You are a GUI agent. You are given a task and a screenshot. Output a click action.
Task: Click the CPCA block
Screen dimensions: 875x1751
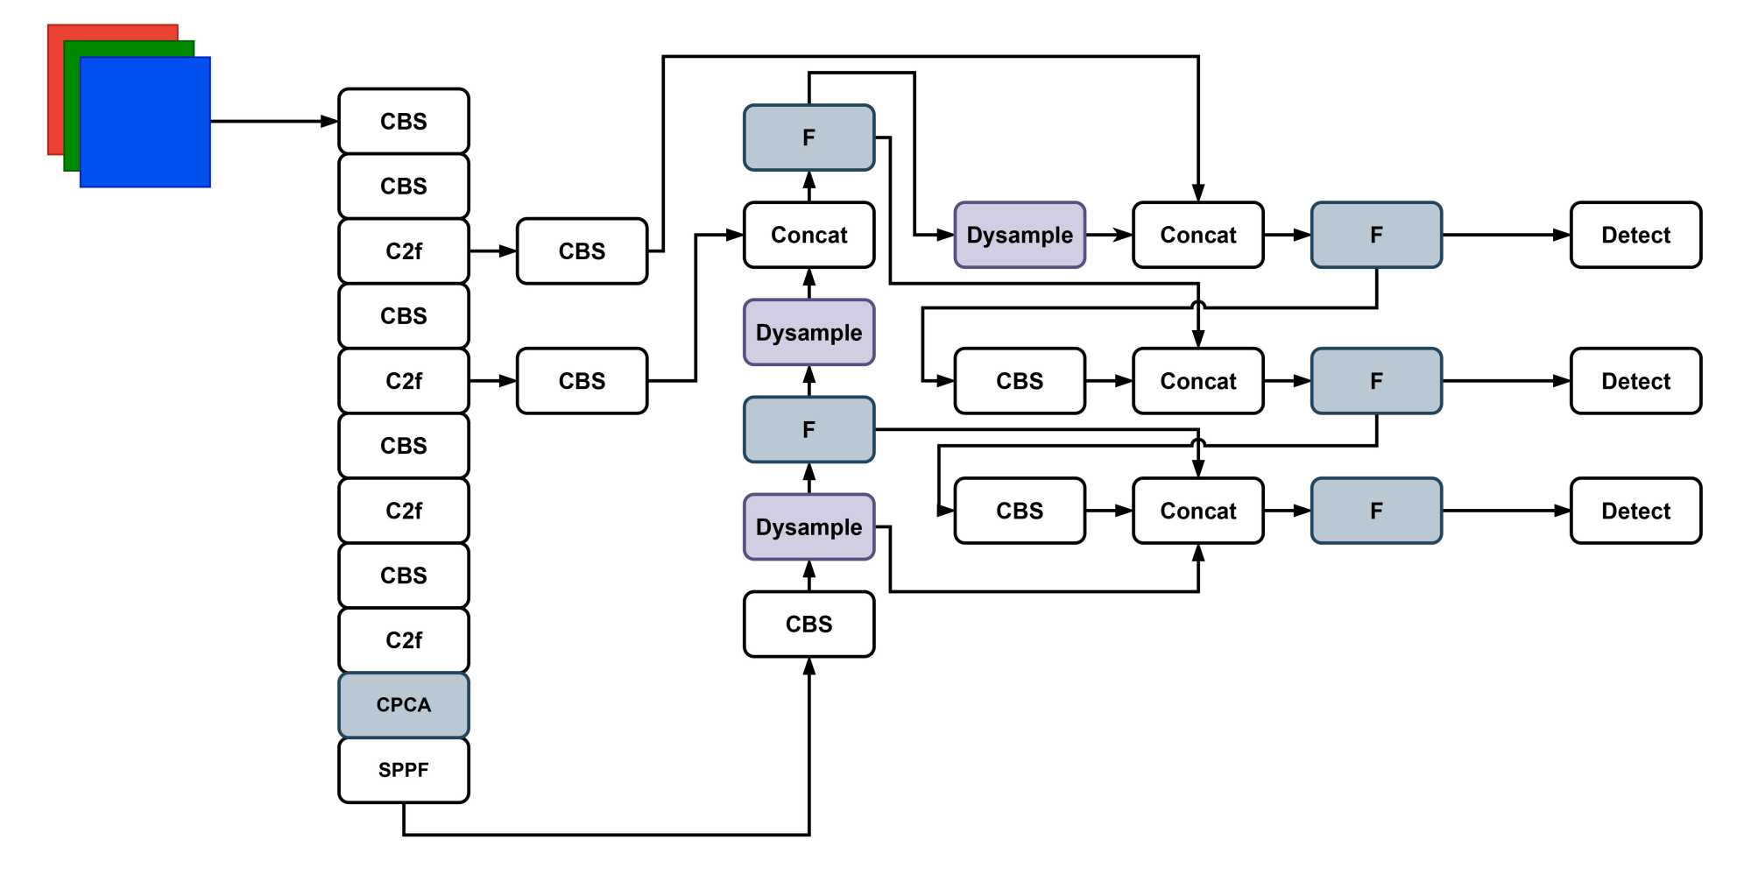(404, 705)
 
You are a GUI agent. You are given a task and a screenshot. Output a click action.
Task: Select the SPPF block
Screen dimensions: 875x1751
(404, 770)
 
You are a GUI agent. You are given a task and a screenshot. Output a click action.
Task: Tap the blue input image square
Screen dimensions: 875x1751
(145, 123)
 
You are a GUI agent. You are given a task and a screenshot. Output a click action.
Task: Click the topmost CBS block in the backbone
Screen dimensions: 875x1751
(404, 121)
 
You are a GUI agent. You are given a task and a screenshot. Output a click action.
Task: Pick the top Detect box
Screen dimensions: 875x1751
(1635, 235)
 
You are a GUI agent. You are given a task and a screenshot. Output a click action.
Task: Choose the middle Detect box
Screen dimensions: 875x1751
(1635, 381)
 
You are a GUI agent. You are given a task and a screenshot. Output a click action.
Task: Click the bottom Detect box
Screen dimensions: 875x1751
(1635, 511)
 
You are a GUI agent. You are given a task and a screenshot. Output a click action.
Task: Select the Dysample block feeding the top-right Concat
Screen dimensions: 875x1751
(1020, 235)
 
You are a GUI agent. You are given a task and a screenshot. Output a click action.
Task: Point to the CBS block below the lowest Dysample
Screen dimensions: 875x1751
(808, 624)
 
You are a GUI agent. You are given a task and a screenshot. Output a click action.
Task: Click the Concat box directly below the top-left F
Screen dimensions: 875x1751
(808, 235)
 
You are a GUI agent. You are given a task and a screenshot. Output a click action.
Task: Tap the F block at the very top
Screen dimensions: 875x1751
(808, 138)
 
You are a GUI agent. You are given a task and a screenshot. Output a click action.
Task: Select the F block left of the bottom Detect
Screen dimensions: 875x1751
(1376, 511)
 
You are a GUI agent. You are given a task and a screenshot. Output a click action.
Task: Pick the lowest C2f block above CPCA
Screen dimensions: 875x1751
(404, 640)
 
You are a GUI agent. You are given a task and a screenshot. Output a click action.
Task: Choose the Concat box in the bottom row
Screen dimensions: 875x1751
(1198, 511)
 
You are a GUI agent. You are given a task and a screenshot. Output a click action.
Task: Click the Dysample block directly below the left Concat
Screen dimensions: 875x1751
(808, 333)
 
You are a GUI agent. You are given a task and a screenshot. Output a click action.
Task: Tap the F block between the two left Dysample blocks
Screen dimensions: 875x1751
(808, 429)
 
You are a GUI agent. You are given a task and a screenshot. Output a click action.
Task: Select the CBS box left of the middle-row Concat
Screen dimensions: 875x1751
(1020, 381)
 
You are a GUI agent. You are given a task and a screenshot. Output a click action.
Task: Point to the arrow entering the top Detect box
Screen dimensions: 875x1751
(1507, 235)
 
